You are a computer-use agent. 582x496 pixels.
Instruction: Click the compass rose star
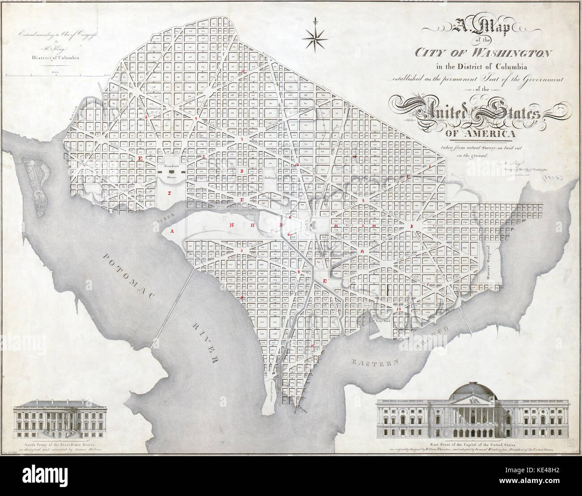[315, 38]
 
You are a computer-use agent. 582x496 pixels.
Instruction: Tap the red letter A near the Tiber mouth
[171, 232]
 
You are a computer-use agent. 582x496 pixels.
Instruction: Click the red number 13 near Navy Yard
[398, 309]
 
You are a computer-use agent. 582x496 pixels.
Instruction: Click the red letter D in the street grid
[242, 171]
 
